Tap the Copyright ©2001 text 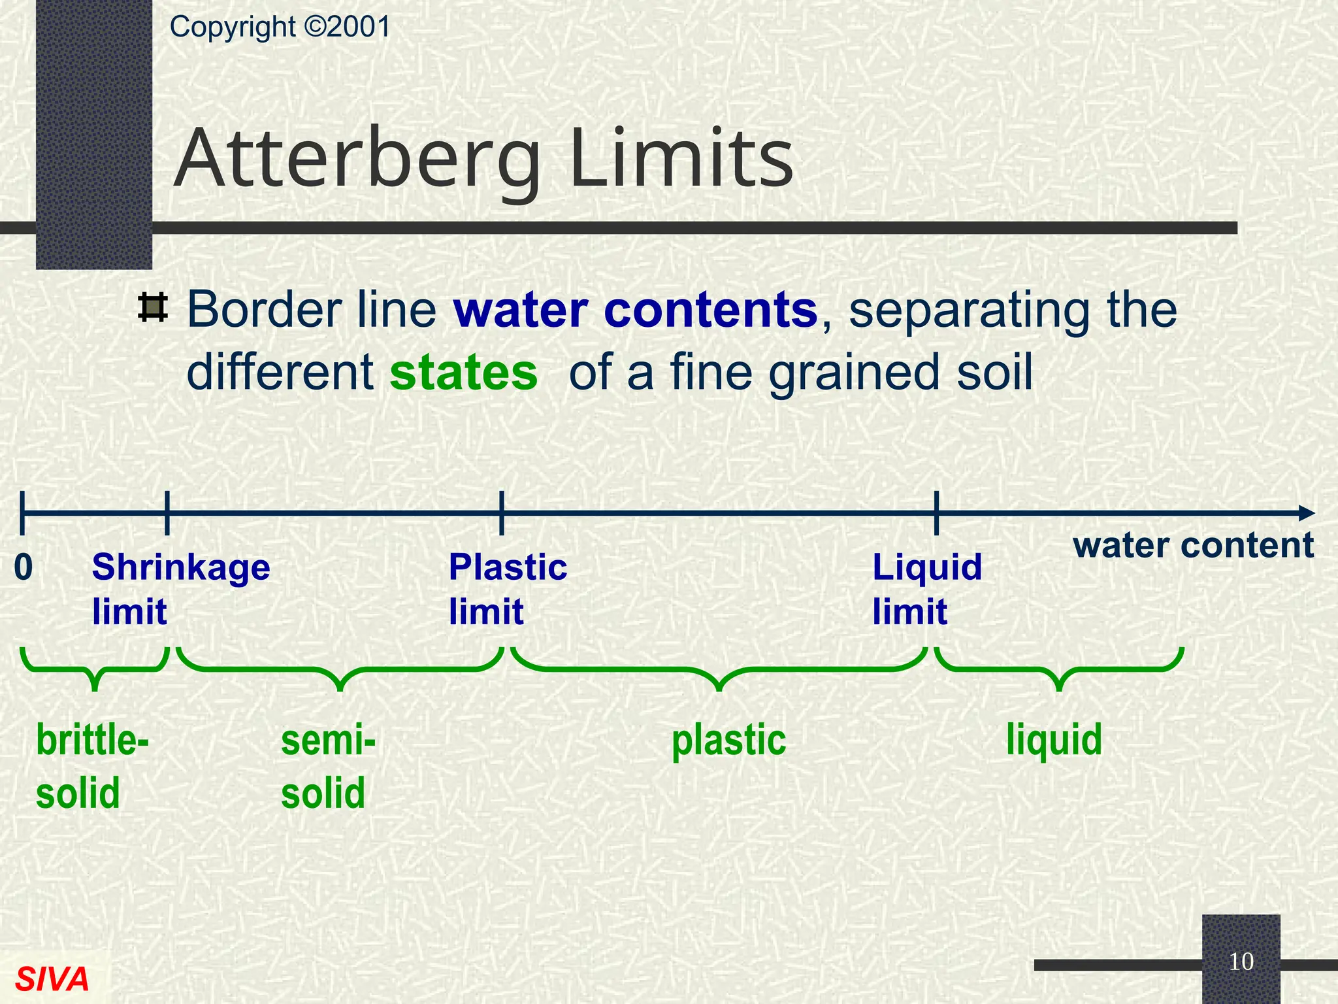click(x=280, y=27)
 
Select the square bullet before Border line click(x=153, y=308)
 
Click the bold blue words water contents click(x=635, y=310)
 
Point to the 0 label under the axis click(x=24, y=567)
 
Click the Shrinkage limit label click(x=180, y=589)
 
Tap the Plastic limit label click(x=508, y=589)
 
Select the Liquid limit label click(x=927, y=589)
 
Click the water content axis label click(x=1193, y=545)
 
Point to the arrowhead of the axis click(x=1305, y=513)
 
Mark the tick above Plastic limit click(x=501, y=513)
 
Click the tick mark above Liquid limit click(x=936, y=513)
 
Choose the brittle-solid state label click(x=91, y=766)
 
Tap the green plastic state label click(x=728, y=741)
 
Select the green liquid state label click(x=1054, y=740)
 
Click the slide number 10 click(x=1241, y=962)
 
